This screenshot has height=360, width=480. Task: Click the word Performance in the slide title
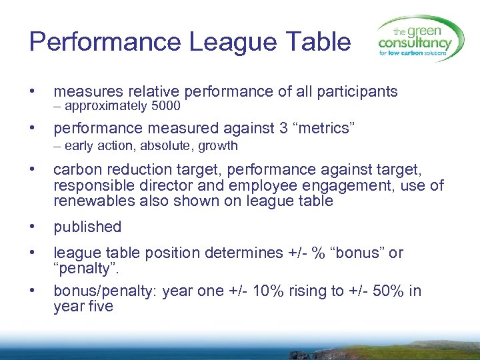coord(105,41)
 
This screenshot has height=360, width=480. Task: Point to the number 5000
coord(166,106)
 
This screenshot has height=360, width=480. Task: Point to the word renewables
coord(93,201)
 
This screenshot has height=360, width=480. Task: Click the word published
coord(87,227)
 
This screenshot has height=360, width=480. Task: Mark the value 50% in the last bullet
coord(380,291)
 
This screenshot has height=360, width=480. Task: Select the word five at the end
coord(99,307)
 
